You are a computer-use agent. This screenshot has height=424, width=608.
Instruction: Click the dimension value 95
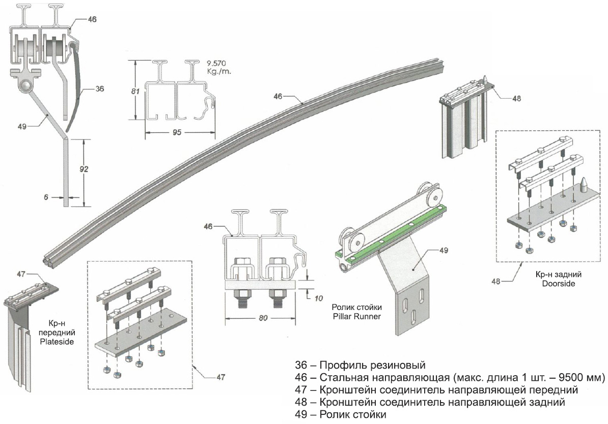point(177,132)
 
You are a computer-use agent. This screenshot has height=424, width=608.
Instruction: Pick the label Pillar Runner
point(356,316)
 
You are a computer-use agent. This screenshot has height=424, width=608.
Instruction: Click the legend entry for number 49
point(341,415)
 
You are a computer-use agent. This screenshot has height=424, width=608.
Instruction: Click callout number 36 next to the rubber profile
point(99,89)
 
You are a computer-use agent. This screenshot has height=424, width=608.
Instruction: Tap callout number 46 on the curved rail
point(278,96)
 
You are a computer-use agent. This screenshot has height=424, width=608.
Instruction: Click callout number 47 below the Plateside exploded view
point(221,377)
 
